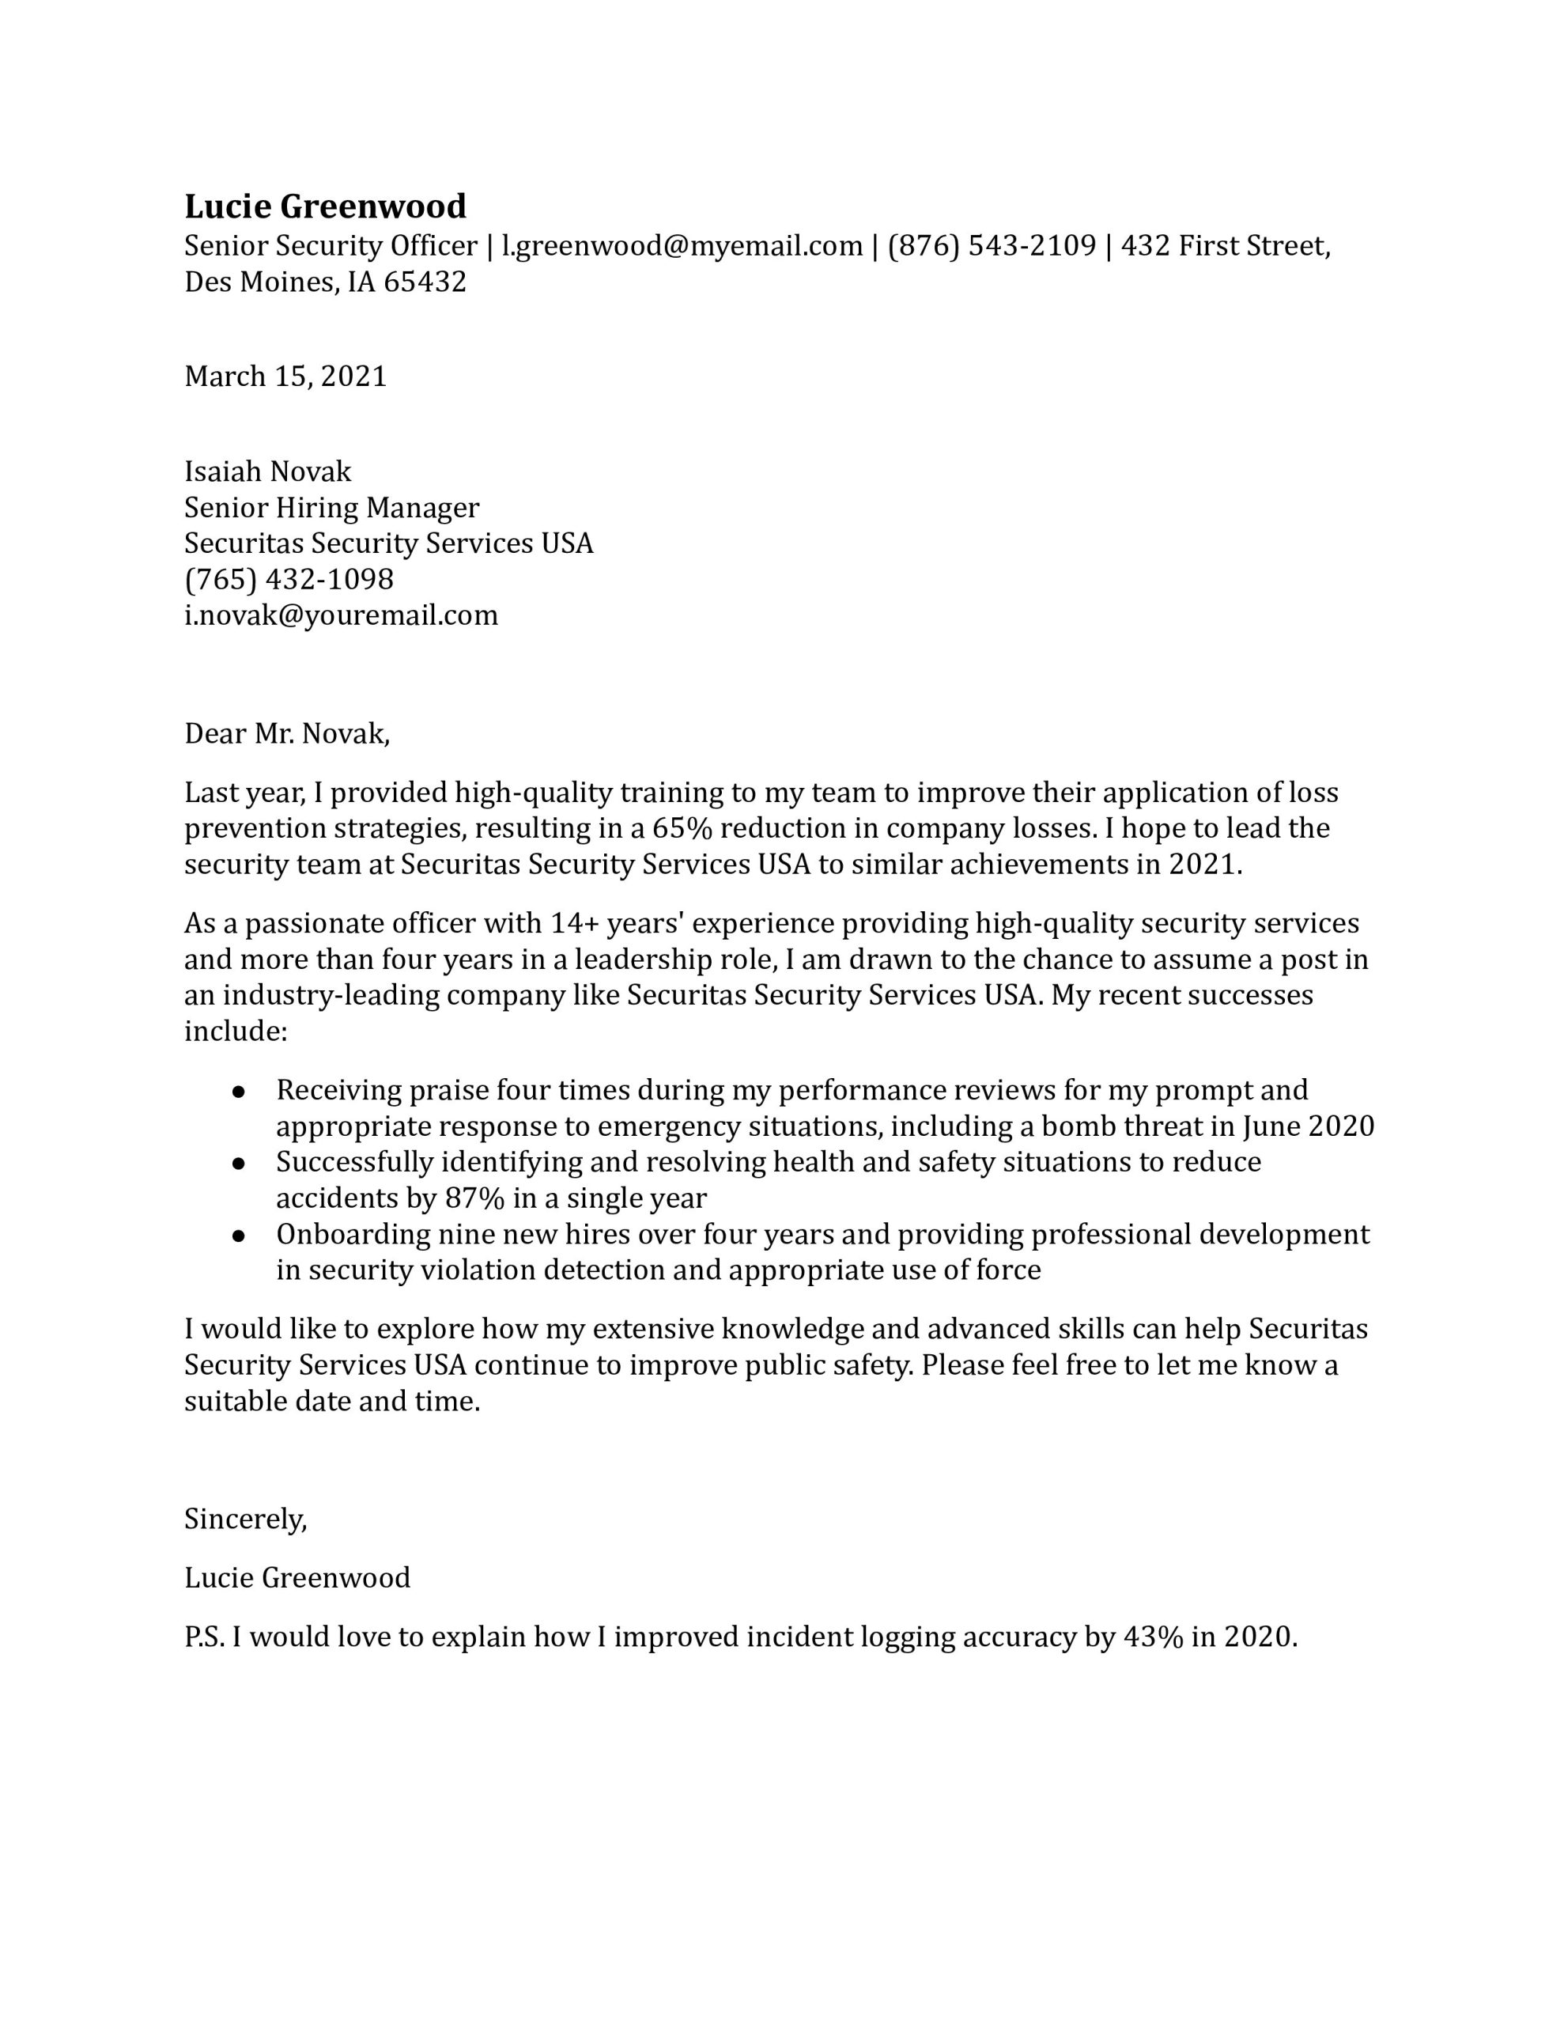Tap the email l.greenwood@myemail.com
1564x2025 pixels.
point(682,247)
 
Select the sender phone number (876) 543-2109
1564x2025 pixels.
point(991,247)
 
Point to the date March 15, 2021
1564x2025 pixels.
point(285,377)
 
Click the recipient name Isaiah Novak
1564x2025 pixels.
point(268,472)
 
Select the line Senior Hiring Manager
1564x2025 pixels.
point(331,508)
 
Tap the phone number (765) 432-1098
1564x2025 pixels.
point(289,580)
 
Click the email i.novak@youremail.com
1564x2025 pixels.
point(340,615)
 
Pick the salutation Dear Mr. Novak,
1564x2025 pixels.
point(286,734)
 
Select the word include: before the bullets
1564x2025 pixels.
point(236,1031)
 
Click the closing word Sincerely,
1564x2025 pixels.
point(245,1519)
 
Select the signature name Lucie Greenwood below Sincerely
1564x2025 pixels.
point(297,1578)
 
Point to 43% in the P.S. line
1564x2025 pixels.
point(1152,1637)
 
